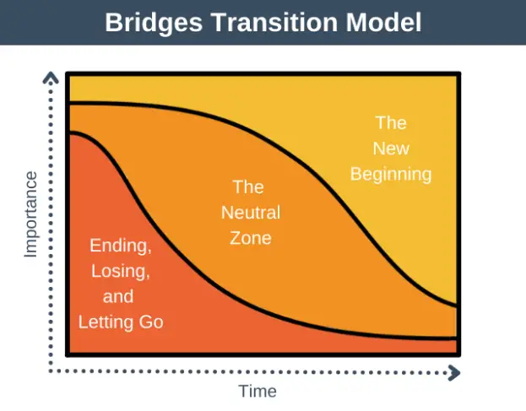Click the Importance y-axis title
[x=30, y=214]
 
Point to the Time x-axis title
[x=258, y=392]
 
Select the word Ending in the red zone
[x=121, y=246]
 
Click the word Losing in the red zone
[x=121, y=271]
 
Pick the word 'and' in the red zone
[x=118, y=296]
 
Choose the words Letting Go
[x=121, y=322]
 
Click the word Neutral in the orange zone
[x=251, y=212]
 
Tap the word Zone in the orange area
[x=251, y=237]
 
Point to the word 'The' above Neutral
[x=248, y=187]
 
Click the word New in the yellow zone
[x=391, y=149]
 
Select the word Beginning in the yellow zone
[x=391, y=175]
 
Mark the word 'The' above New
[x=391, y=123]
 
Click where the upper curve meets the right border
[x=457, y=305]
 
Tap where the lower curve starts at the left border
[x=69, y=132]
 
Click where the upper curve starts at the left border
[x=69, y=103]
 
